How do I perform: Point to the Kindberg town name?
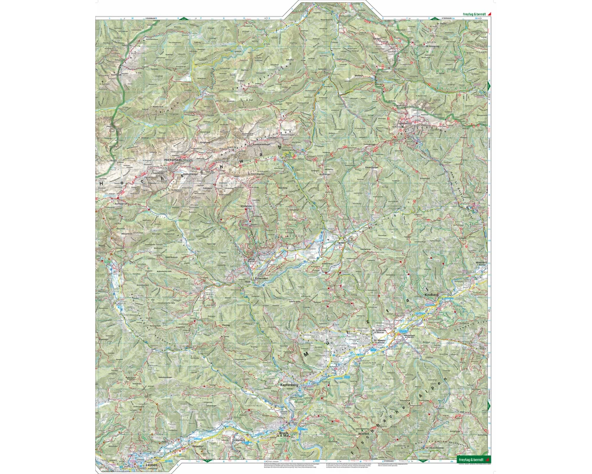430,294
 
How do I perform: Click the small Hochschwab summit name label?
165,159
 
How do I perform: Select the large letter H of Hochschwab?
102,183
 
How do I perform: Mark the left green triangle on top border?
184,18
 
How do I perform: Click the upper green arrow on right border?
489,87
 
